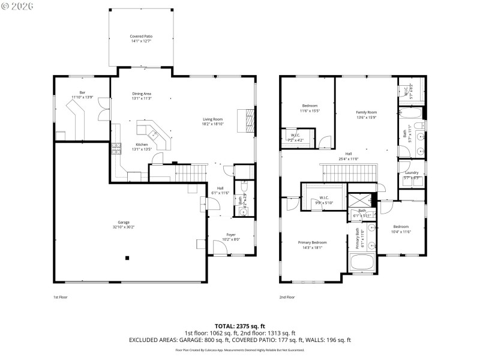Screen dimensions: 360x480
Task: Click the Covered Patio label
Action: (x=141, y=37)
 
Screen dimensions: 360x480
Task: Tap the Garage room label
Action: (x=124, y=222)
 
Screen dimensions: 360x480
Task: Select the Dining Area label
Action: (x=142, y=94)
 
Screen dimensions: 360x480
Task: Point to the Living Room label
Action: (x=212, y=119)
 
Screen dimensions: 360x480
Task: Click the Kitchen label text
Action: (x=142, y=145)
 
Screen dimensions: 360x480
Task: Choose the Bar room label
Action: (x=82, y=92)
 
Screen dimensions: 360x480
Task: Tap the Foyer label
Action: (x=231, y=234)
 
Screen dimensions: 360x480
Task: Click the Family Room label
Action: (x=366, y=112)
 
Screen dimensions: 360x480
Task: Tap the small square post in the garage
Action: (x=127, y=258)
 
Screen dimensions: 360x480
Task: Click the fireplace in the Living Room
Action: (x=245, y=119)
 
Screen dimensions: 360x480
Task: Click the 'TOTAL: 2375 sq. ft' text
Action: (x=240, y=326)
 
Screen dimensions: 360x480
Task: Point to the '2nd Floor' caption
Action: (x=287, y=297)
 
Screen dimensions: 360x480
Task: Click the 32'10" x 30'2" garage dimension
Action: (x=124, y=227)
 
